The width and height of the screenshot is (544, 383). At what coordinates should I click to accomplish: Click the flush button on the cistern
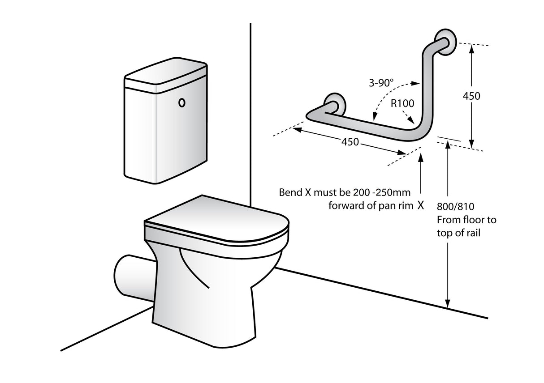point(181,102)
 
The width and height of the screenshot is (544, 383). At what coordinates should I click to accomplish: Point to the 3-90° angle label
point(381,83)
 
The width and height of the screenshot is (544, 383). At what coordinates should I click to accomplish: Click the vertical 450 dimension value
point(471,96)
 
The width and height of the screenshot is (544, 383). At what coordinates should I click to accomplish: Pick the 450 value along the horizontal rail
point(350,142)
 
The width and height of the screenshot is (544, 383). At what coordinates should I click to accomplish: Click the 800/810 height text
point(455,207)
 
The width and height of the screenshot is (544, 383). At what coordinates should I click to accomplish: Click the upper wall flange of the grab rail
point(446,43)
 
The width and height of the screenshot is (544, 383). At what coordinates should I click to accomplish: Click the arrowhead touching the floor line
point(447,304)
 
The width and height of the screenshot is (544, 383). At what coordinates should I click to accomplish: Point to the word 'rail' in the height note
point(472,233)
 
